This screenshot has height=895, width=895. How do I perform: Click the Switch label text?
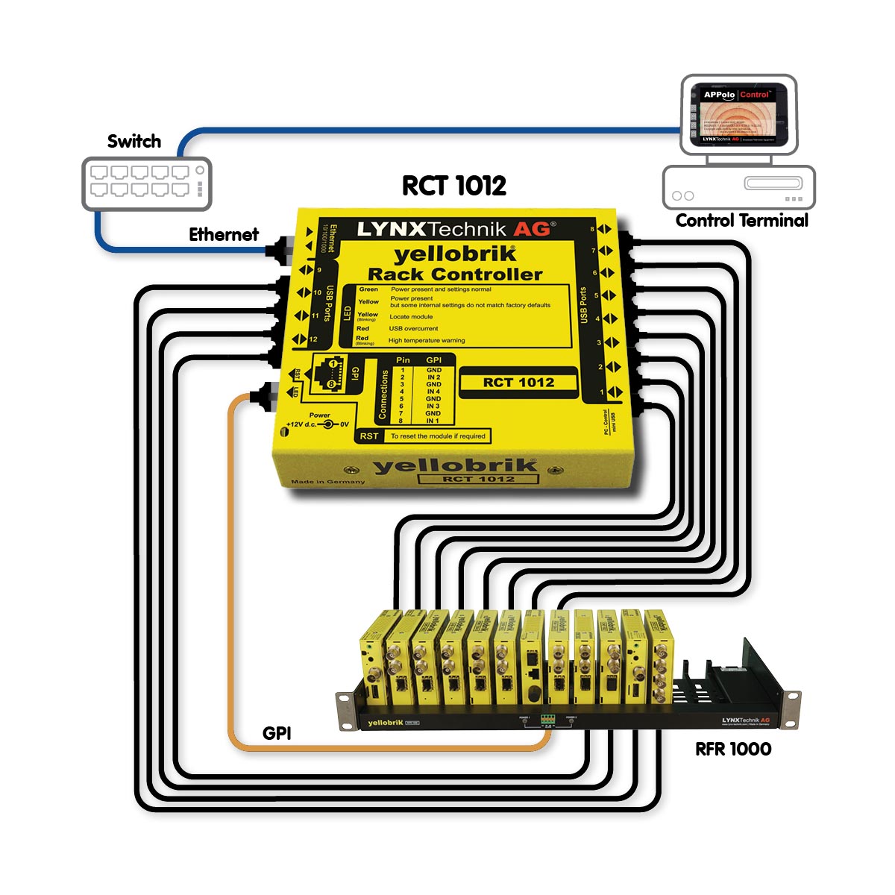pos(134,141)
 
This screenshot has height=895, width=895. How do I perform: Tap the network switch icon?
pos(146,183)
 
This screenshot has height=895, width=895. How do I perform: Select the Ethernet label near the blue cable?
pos(224,234)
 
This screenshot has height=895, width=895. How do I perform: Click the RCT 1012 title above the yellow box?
pos(454,186)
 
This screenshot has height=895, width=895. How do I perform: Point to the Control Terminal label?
pos(741,220)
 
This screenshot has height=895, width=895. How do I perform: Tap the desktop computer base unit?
pos(739,187)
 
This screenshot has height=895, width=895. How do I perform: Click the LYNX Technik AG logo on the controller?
pos(455,229)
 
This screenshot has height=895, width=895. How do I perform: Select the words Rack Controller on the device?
pos(455,274)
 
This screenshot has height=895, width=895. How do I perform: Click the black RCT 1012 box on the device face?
pos(518,383)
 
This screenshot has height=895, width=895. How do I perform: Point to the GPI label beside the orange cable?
pos(277,733)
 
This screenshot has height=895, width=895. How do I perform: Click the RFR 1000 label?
pos(733,749)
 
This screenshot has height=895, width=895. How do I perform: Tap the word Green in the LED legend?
pos(368,289)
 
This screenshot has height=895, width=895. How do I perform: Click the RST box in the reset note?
pos(369,436)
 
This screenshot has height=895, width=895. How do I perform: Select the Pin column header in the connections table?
pos(403,360)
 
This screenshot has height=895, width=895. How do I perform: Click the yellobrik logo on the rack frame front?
pos(385,723)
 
